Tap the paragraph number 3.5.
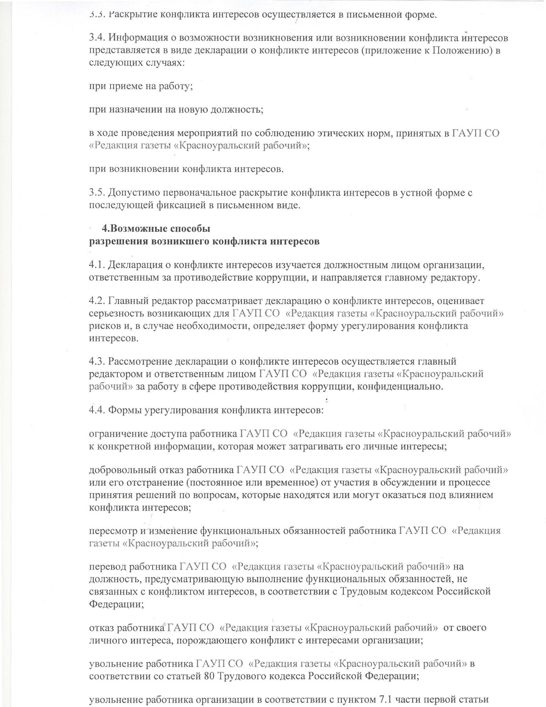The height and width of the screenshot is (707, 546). pyautogui.click(x=97, y=193)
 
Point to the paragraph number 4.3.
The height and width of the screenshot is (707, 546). pyautogui.click(x=97, y=362)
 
